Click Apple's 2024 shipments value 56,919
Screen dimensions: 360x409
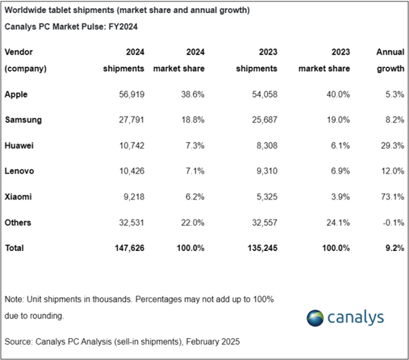click(127, 94)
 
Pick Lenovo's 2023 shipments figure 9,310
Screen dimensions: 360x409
click(263, 170)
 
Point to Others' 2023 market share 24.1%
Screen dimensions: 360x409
click(336, 222)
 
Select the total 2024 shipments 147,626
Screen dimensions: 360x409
click(125, 247)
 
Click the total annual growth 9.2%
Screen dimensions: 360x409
click(392, 247)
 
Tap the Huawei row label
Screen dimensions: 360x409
click(20, 145)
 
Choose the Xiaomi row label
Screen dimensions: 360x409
click(19, 196)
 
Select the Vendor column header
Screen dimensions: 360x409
click(19, 52)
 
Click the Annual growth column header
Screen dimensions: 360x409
click(389, 60)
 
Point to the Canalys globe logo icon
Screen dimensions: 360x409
click(317, 318)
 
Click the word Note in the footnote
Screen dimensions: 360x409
click(14, 300)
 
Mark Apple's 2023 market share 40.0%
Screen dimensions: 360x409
click(336, 94)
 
